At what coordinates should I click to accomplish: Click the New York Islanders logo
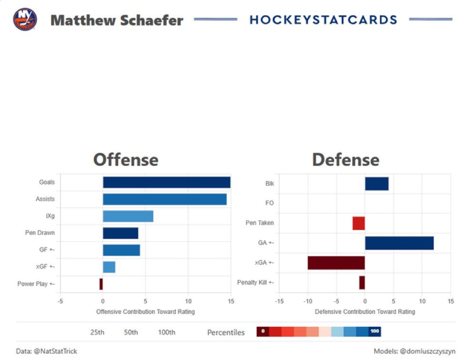pos(25,20)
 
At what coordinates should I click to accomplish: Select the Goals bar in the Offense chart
pos(166,182)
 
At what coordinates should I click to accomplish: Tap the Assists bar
pos(164,199)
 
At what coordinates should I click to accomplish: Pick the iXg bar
pos(128,216)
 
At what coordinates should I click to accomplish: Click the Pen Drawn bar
pos(120,233)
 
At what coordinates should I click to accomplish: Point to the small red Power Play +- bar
pos(101,284)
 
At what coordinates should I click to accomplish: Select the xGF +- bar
pos(109,267)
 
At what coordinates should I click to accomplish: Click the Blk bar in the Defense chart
pos(377,184)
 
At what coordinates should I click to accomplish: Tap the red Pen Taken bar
pos(358,223)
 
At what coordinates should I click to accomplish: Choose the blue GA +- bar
pos(399,243)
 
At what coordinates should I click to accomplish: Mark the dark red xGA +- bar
pos(336,263)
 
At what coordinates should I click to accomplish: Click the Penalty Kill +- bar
pos(362,282)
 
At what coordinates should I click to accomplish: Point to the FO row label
pos(269,203)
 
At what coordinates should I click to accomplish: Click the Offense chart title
pos(125,160)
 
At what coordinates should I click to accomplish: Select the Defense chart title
pos(346,160)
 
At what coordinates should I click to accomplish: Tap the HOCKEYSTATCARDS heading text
pos(323,20)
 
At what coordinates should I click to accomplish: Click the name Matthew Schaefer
pos(117,20)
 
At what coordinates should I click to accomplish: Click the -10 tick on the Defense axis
pos(307,301)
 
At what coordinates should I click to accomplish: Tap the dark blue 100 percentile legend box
pos(375,331)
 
